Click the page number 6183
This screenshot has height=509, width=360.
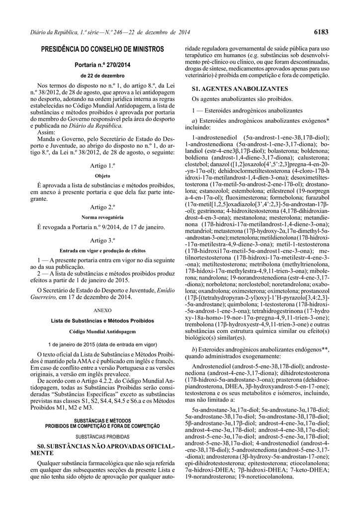[x=321, y=32]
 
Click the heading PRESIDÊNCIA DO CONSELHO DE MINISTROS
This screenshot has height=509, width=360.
[x=102, y=50]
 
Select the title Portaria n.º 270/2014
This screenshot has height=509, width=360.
[x=102, y=65]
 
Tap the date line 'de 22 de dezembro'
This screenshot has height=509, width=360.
[x=102, y=76]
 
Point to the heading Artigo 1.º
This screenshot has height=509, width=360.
[x=102, y=165]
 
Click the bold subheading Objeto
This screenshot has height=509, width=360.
[x=102, y=175]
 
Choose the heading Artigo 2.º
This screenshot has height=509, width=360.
[x=102, y=207]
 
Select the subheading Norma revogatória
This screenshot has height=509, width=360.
[x=102, y=217]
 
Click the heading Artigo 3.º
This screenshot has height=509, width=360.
[x=102, y=241]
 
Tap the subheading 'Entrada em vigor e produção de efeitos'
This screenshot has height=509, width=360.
[x=102, y=251]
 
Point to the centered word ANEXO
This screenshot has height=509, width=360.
[x=102, y=310]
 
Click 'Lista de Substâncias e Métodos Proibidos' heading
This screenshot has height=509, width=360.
[x=102, y=321]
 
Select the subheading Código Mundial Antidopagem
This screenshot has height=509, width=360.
[x=102, y=331]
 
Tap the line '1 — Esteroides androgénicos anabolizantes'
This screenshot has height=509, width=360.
[x=247, y=110]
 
